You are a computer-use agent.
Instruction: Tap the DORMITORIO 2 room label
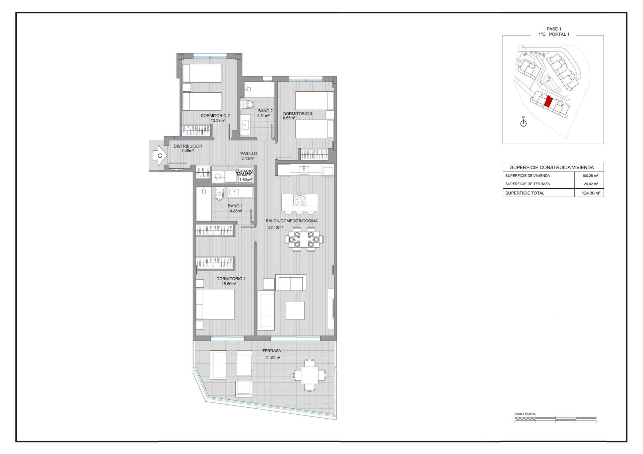(x=215, y=115)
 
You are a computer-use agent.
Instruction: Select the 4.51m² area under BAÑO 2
(x=263, y=116)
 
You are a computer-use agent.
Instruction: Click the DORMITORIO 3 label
(x=297, y=113)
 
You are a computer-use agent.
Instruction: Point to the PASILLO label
(x=248, y=153)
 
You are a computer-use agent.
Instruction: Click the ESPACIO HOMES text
(x=244, y=173)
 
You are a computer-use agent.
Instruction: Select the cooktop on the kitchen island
(x=299, y=200)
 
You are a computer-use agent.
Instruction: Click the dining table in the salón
(x=304, y=239)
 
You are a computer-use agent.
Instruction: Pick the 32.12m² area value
(x=275, y=228)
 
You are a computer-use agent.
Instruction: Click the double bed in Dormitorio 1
(x=215, y=304)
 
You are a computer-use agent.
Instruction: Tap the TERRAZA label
(x=272, y=351)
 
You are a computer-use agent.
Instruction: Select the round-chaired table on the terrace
(x=309, y=375)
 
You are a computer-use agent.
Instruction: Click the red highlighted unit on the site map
(x=548, y=101)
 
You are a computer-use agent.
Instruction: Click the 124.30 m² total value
(x=591, y=193)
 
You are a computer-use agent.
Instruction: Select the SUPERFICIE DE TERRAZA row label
(x=527, y=184)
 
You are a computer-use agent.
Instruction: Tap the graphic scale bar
(x=555, y=419)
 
